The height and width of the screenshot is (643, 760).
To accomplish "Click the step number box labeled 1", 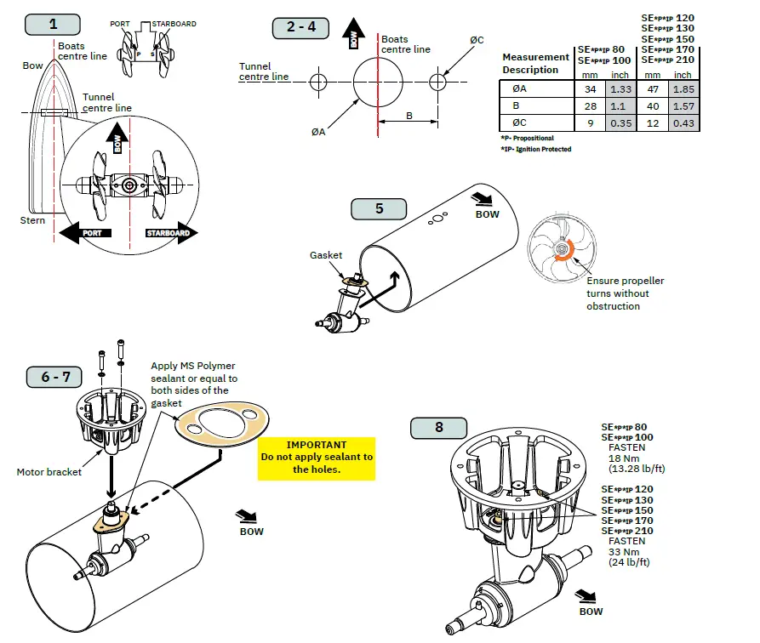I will coord(54,23).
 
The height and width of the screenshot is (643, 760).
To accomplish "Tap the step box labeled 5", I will coord(379,208).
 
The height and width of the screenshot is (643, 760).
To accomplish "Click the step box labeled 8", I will coord(438,427).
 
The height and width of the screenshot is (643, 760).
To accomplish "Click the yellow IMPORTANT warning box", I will coord(317,457).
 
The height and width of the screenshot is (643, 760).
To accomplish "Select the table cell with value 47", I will coord(653,89).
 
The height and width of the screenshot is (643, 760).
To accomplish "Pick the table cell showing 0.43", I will coord(684,123).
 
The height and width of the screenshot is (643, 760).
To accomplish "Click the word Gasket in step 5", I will coord(326,255).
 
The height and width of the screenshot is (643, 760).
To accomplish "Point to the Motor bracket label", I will coord(49,472).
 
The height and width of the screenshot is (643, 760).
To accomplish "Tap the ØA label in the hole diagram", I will coord(319,131).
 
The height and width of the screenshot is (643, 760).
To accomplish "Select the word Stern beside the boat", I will coord(33,220).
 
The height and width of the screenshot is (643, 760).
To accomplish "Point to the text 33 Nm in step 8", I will coord(621,551).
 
